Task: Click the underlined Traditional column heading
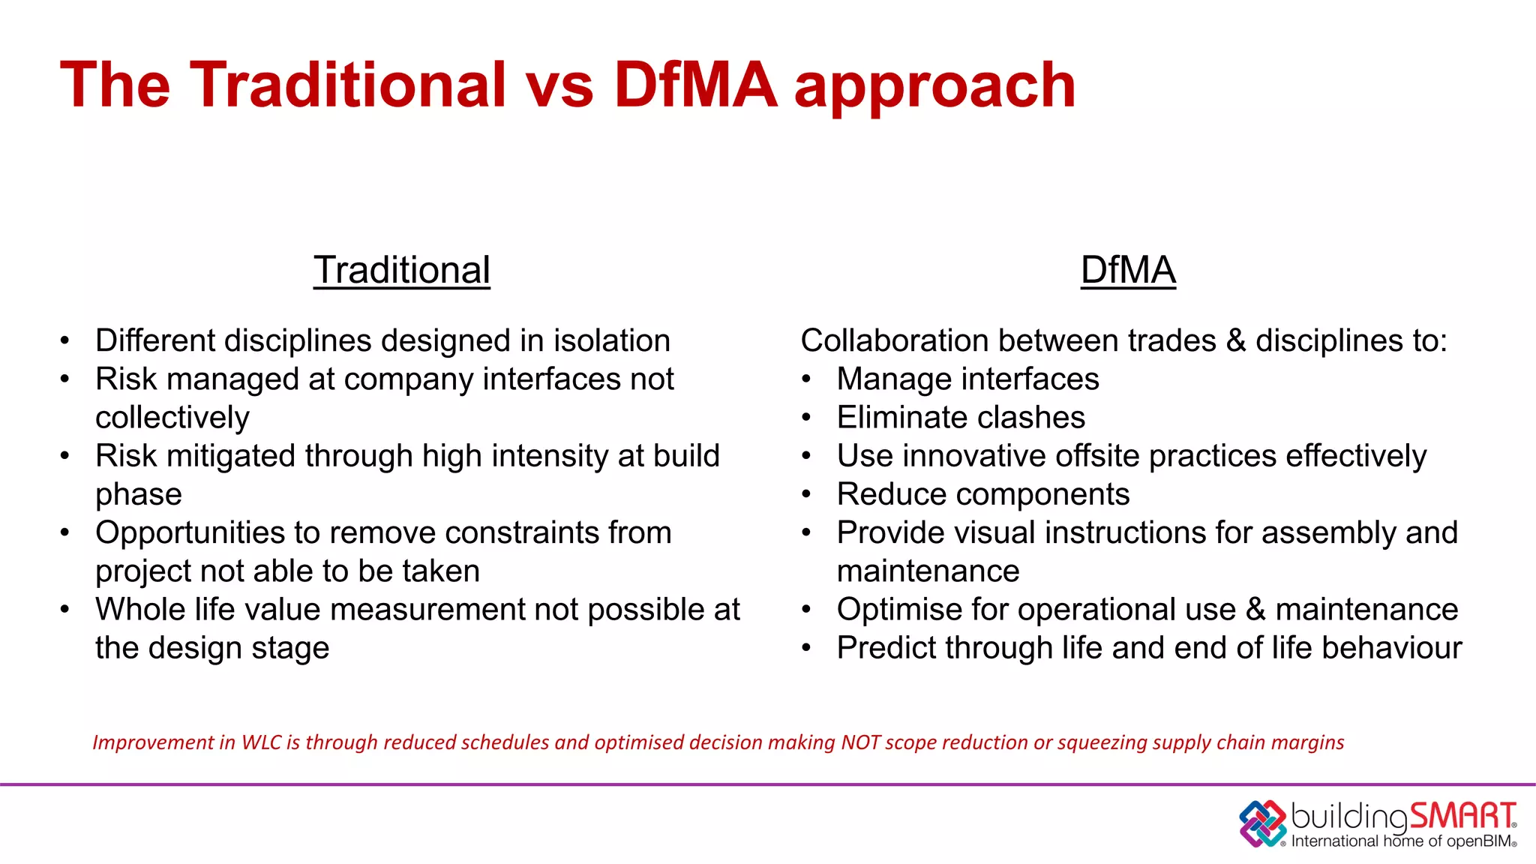pyautogui.click(x=401, y=270)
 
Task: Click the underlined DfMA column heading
pyautogui.click(x=1127, y=270)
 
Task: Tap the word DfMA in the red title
pyautogui.click(x=694, y=85)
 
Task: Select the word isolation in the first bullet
pyautogui.click(x=611, y=340)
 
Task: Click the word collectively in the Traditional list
pyautogui.click(x=172, y=418)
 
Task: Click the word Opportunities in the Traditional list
pyautogui.click(x=190, y=533)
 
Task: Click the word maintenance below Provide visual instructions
pyautogui.click(x=928, y=571)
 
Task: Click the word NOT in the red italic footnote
pyautogui.click(x=860, y=742)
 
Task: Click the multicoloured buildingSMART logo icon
pyautogui.click(x=1263, y=823)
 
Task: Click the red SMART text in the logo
pyautogui.click(x=1462, y=816)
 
